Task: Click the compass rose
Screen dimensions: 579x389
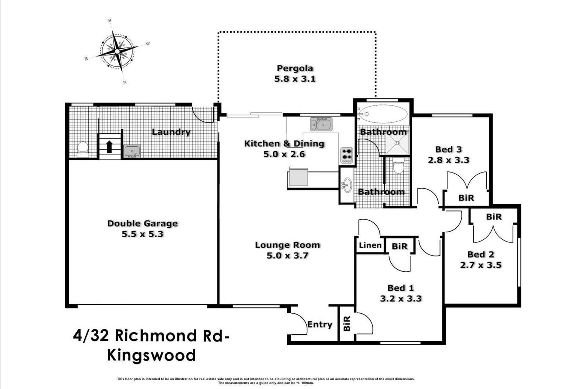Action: [117, 52]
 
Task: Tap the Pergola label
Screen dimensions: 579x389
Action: [295, 68]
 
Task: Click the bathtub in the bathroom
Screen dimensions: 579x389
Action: [384, 114]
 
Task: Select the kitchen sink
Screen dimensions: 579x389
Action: [321, 124]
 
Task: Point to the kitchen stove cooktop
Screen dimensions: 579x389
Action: [347, 155]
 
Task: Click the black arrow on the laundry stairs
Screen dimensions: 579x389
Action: [109, 147]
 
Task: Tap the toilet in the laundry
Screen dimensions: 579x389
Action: [83, 149]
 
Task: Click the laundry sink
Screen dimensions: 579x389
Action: [132, 151]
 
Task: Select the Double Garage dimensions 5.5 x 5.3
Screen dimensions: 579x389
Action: [143, 234]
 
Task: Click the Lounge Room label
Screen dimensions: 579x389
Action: [288, 245]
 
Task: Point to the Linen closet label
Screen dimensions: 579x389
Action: [370, 245]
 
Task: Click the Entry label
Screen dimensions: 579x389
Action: [320, 325]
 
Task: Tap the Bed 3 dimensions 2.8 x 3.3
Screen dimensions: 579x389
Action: [449, 160]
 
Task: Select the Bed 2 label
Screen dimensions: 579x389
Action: [481, 254]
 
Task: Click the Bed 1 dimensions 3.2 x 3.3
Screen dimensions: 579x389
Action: [401, 299]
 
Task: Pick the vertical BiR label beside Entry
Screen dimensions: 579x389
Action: [347, 323]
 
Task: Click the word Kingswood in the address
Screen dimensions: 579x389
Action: [151, 356]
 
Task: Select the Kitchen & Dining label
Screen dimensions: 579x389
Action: [284, 143]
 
